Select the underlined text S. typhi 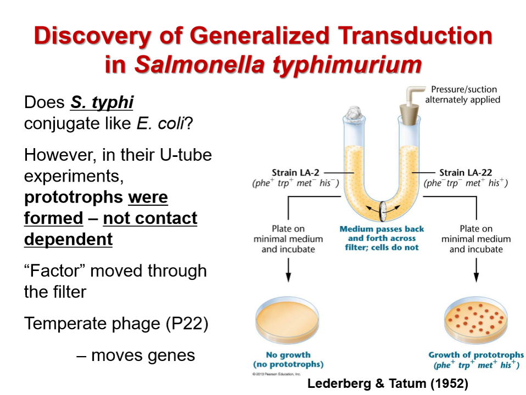tap(102, 103)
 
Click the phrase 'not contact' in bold tap(150, 218)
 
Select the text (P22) tap(187, 323)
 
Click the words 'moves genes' tap(143, 355)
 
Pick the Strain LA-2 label tap(295, 173)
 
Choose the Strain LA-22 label tap(466, 173)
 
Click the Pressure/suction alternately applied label tap(463, 94)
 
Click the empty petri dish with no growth tap(288, 321)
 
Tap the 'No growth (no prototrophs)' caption tap(288, 359)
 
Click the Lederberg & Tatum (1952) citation tap(388, 383)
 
